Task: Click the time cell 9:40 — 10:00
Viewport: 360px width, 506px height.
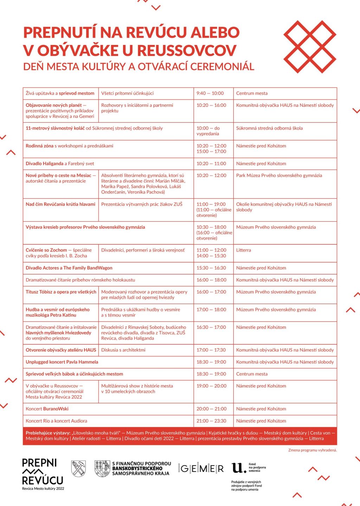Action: [x=210, y=93]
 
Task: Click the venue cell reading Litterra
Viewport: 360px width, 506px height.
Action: [x=244, y=250]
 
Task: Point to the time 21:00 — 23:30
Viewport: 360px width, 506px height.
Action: [x=211, y=421]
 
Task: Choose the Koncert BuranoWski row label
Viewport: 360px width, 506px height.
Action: [x=47, y=409]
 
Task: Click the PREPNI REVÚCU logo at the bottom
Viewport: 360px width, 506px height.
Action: [x=43, y=473]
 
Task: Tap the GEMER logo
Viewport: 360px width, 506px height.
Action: [x=201, y=468]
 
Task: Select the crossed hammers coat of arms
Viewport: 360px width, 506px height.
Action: [x=78, y=468]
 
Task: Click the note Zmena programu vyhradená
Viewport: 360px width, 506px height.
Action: [x=312, y=450]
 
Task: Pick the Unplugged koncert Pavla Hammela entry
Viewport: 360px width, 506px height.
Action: [x=62, y=362]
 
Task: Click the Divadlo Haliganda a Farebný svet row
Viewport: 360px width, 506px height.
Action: [x=60, y=164]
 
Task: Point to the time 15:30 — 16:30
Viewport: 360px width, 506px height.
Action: [x=211, y=268]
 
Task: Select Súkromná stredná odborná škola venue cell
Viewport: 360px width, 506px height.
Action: [x=269, y=128]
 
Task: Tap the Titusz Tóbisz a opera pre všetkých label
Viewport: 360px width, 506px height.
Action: [x=61, y=292]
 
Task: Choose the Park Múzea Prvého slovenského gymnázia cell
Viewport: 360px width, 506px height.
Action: [x=279, y=175]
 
